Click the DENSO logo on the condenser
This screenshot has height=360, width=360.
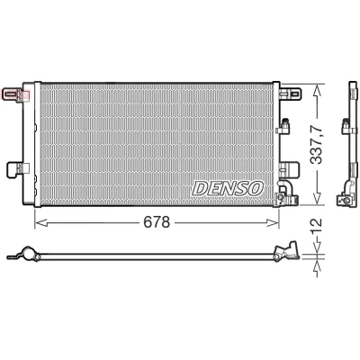tap(228, 188)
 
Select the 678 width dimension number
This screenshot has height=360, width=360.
tap(157, 222)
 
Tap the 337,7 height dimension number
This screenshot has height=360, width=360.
tap(316, 145)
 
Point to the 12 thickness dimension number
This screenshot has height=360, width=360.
tap(316, 227)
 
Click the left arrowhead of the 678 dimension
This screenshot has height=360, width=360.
tap(41, 222)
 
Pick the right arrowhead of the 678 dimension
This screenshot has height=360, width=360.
tap(273, 222)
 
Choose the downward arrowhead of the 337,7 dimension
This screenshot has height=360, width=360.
tap(317, 199)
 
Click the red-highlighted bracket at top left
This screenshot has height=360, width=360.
tap(16, 94)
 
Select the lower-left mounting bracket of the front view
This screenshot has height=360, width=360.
tap(18, 168)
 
